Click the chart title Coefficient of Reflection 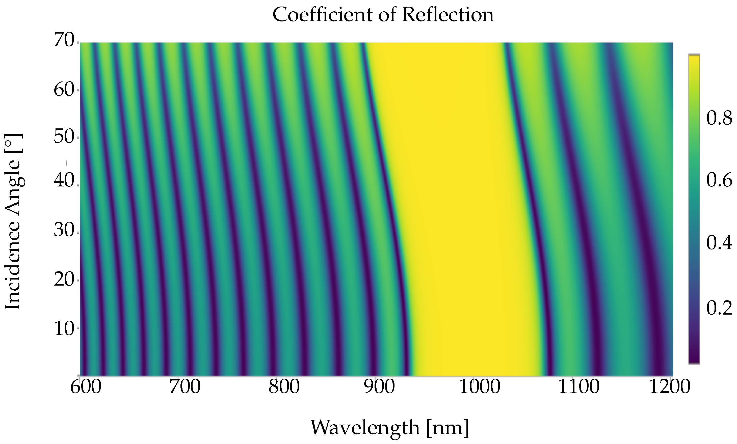[383, 15]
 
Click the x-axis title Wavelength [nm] [389, 427]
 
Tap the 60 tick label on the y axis [64, 90]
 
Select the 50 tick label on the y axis [64, 137]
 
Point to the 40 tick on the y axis [64, 181]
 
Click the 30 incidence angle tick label [64, 231]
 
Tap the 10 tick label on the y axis [64, 329]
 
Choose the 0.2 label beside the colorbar [719, 308]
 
